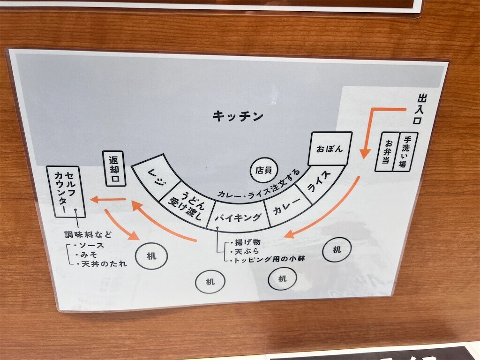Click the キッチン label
[238, 116]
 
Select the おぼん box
[330, 149]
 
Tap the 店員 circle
[263, 170]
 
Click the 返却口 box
[115, 168]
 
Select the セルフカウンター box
[66, 192]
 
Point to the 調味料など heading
[88, 235]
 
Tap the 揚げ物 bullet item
[246, 242]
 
